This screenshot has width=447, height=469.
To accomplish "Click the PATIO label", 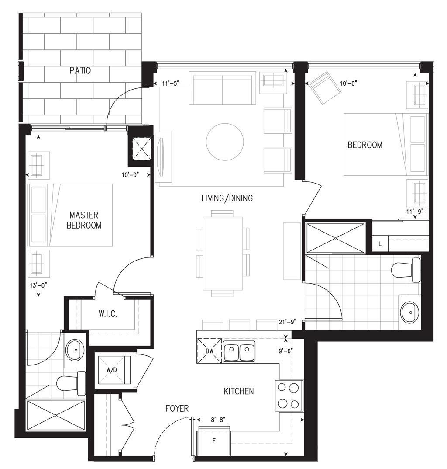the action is tap(80, 70).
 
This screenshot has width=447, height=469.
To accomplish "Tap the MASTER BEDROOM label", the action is tap(84, 220).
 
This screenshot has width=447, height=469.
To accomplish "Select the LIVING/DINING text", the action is tap(227, 198).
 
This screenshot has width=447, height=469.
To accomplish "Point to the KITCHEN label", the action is tap(239, 391).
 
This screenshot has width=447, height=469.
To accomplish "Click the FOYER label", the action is tap(177, 409).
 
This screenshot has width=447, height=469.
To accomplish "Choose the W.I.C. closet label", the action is tap(108, 314).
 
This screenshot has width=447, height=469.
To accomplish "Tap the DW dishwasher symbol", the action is tap(210, 351).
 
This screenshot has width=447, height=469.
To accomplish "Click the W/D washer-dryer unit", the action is tap(112, 370).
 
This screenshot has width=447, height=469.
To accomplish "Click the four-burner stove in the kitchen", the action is tap(289, 396).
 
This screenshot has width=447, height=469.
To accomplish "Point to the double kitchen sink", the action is tap(239, 351).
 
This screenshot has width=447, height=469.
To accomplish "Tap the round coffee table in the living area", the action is tap(225, 142).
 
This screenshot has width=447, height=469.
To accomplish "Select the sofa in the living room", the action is tap(222, 88).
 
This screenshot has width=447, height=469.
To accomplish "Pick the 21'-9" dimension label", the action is tap(287, 322).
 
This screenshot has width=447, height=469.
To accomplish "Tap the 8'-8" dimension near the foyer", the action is tap(218, 420).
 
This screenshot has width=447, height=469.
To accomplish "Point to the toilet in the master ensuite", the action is tap(71, 383).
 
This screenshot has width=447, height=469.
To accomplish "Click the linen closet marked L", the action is tap(380, 244).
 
